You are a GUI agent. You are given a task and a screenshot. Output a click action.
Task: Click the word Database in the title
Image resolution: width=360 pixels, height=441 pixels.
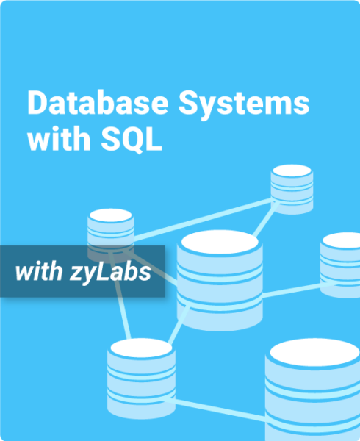tap(98, 103)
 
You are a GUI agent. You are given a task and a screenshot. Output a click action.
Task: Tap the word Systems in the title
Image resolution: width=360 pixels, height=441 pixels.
tap(244, 105)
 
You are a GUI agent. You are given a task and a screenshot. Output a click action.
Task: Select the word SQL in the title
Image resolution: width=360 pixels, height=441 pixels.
tap(132, 139)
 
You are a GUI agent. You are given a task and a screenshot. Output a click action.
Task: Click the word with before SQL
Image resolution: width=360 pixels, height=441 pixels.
tap(59, 139)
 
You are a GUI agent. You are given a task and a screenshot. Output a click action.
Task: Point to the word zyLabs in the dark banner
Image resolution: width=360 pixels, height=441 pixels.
tap(110, 272)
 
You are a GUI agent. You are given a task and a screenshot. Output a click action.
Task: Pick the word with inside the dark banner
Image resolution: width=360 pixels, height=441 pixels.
tap(39, 271)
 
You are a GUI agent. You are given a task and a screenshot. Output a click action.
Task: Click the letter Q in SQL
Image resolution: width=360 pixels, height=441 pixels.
tap(134, 140)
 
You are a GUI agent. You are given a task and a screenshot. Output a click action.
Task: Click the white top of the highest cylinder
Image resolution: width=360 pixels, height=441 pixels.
tap(292, 171)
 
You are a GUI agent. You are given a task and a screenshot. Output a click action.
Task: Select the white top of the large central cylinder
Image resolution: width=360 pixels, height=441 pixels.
tap(220, 242)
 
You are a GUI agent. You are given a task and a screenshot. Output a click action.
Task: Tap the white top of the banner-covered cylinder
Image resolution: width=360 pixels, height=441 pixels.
tap(111, 215)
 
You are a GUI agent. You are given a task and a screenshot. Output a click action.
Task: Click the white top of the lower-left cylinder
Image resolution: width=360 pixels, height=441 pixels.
tap(141, 348)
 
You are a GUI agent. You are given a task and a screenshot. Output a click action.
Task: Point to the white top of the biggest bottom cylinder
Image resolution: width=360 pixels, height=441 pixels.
tap(314, 352)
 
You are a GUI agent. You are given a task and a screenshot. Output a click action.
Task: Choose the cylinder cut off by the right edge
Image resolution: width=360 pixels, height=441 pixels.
tap(340, 265)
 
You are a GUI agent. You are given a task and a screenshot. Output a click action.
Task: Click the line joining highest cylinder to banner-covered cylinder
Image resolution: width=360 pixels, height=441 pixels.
tap(203, 220)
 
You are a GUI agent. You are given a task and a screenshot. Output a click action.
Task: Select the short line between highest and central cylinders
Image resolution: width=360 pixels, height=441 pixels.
tap(265, 220)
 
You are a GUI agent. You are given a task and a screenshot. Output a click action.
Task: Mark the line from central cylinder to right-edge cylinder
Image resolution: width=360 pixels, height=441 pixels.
tap(292, 290)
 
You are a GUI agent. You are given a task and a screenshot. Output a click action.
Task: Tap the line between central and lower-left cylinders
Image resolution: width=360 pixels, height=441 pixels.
tap(179, 325)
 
